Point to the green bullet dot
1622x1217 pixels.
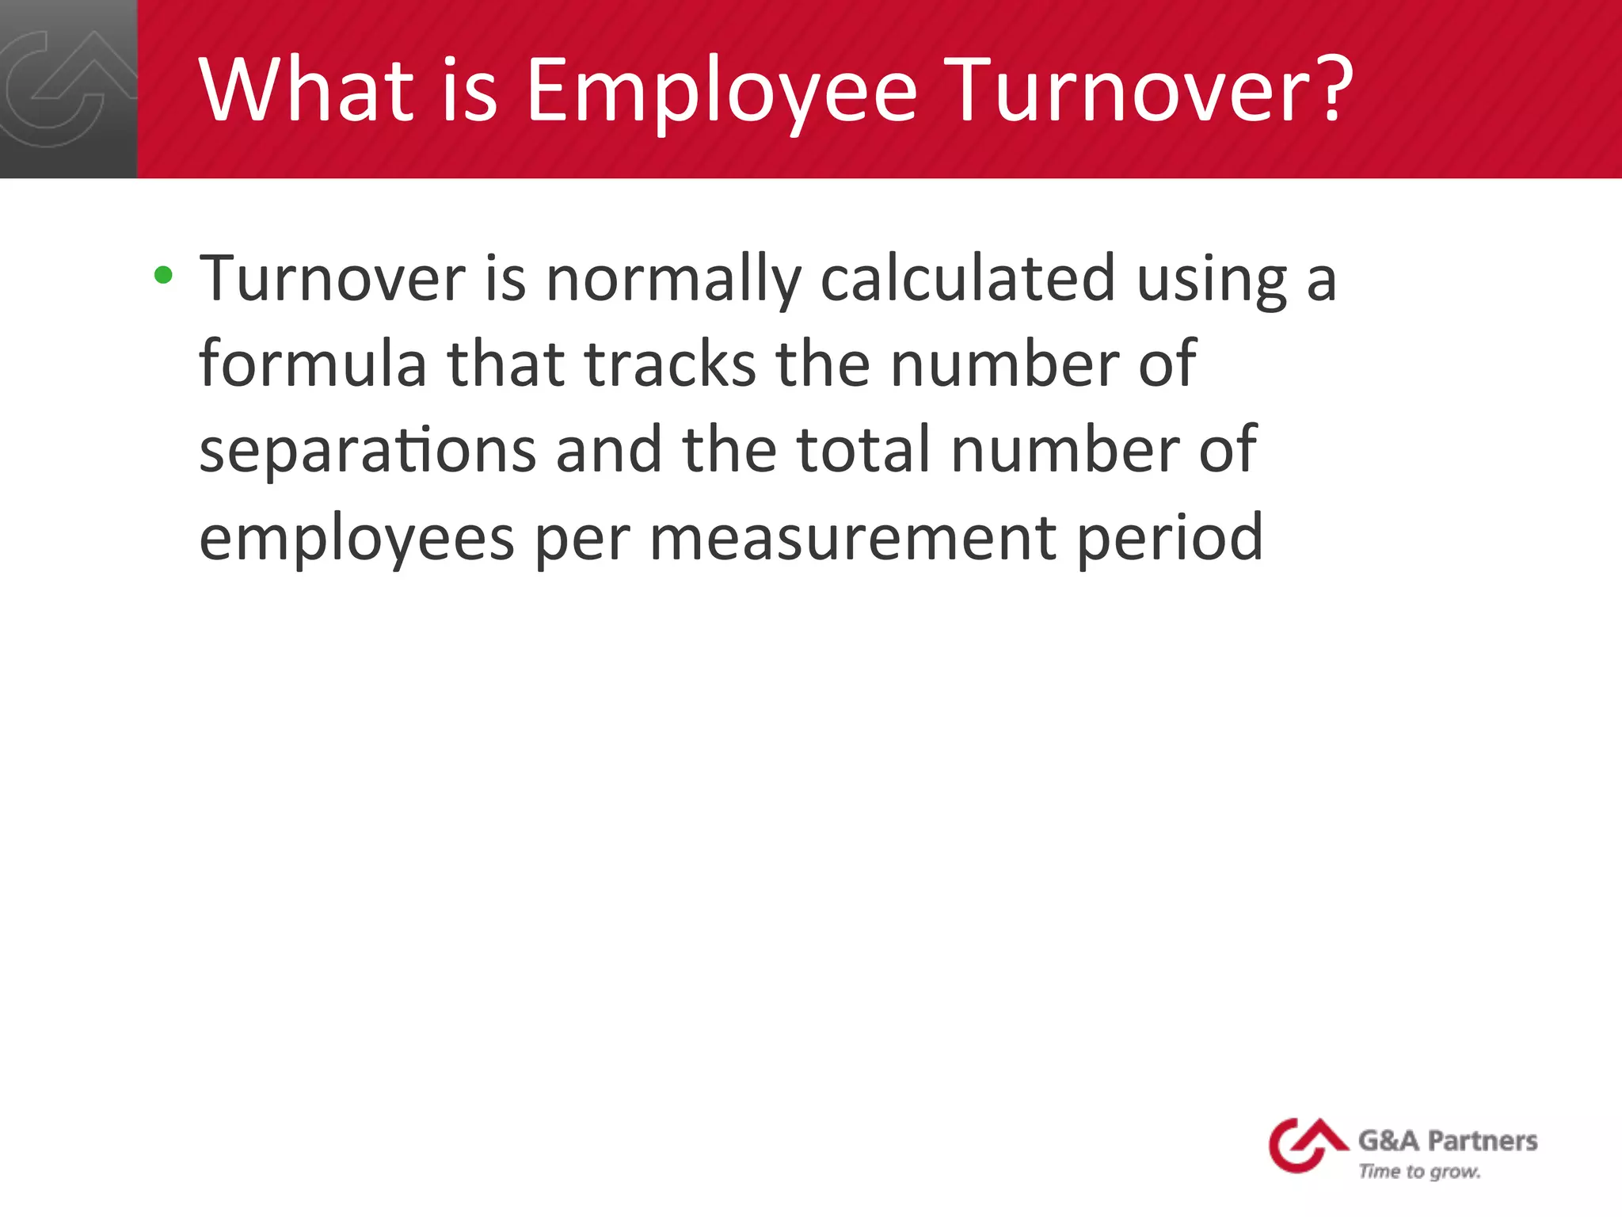[x=164, y=275]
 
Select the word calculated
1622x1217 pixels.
[x=968, y=279]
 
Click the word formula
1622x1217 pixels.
[x=313, y=364]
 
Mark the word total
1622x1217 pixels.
[x=863, y=449]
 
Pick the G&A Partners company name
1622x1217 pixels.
[x=1447, y=1141]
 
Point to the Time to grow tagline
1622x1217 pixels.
[x=1419, y=1172]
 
